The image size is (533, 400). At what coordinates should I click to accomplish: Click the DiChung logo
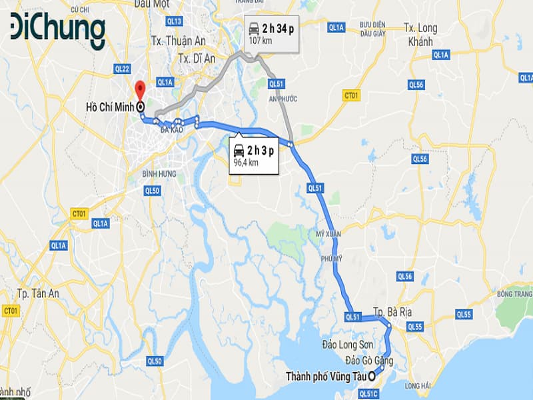(57, 31)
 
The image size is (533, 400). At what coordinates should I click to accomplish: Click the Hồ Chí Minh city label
(110, 107)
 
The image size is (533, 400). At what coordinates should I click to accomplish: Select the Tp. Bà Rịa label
(390, 312)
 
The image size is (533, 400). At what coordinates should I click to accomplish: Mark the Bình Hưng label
(159, 173)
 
